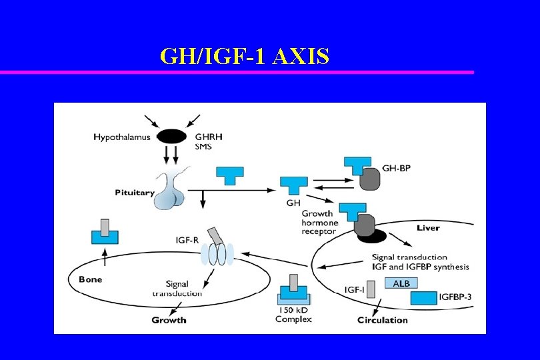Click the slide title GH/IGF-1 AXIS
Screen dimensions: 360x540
[245, 57]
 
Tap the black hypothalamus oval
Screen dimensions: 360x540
[172, 137]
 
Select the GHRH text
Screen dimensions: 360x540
[209, 137]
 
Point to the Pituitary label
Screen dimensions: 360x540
[135, 193]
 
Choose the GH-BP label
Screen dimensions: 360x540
[397, 168]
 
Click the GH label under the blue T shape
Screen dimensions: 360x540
[293, 203]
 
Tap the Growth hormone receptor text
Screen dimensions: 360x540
[321, 223]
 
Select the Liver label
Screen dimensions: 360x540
[428, 228]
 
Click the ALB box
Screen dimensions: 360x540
[401, 283]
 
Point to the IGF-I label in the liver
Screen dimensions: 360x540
[355, 290]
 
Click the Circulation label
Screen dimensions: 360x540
[382, 320]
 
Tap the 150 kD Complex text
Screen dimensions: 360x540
[293, 315]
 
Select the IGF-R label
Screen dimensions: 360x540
[187, 240]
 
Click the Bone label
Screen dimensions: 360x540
[90, 279]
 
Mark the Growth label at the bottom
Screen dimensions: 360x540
[169, 320]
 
